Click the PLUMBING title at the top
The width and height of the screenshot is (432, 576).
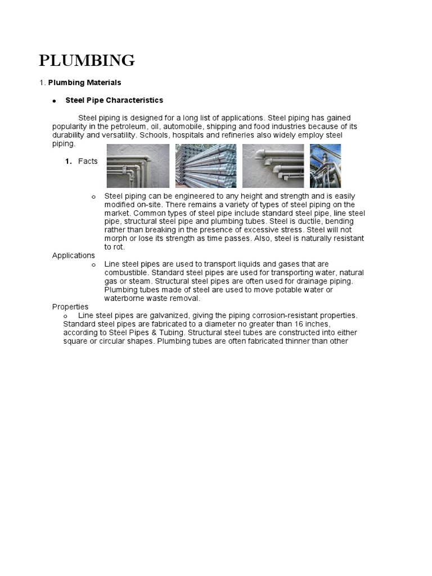click(87, 60)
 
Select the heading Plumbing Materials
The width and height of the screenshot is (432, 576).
click(84, 83)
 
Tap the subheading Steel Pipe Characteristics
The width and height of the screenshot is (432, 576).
click(114, 100)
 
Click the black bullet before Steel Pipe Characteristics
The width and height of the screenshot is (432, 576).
click(55, 101)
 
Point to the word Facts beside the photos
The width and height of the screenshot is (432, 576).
click(88, 161)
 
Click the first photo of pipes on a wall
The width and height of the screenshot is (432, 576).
click(138, 166)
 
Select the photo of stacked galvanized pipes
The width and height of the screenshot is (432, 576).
click(206, 166)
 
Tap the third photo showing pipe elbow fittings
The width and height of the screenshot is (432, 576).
click(273, 166)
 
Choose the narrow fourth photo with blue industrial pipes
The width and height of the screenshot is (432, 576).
click(325, 166)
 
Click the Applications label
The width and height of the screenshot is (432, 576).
click(74, 255)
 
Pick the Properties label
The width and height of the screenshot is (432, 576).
click(70, 307)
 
